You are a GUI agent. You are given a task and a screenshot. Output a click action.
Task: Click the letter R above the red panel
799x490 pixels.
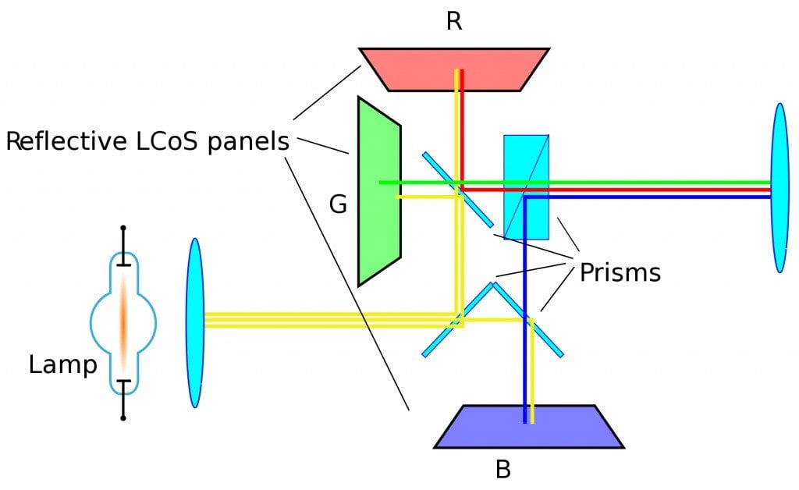point(454,21)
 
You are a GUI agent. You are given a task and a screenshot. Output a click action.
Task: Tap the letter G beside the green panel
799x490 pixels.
point(338,205)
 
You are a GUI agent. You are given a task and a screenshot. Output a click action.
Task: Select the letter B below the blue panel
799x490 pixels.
point(504,470)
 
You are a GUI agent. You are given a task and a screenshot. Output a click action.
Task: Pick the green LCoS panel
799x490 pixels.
point(378,191)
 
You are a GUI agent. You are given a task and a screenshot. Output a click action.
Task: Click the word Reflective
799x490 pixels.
point(71,143)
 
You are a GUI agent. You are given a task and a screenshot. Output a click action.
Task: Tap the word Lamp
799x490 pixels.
point(62,364)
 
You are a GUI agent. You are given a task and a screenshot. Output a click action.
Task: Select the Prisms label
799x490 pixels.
point(620,272)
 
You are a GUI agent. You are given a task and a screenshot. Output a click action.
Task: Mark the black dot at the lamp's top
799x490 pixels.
point(123,229)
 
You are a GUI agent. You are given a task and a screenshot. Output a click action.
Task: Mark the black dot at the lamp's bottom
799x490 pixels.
point(123,418)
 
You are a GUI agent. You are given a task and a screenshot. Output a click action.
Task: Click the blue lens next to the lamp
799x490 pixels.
point(194,322)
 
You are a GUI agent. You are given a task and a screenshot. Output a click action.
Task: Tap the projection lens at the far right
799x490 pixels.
point(779,188)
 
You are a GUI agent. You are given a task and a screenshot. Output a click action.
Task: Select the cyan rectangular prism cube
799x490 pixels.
point(526,187)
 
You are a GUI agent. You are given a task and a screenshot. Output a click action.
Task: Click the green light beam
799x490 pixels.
point(624,183)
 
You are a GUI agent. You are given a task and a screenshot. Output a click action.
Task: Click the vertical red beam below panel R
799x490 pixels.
point(463,125)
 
